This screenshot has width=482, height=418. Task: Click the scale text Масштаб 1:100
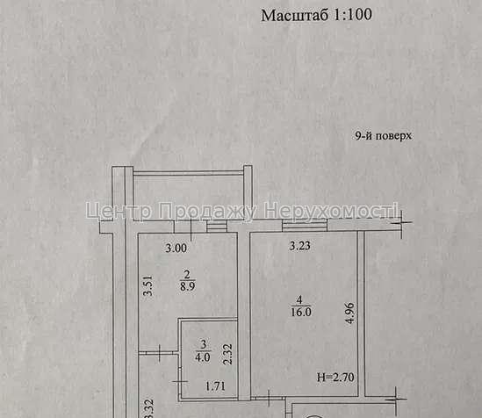pyautogui.click(x=316, y=15)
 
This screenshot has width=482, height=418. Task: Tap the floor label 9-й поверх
pyautogui.click(x=383, y=135)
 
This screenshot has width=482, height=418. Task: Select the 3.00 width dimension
pyautogui.click(x=176, y=248)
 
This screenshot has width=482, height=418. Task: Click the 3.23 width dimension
pyautogui.click(x=300, y=246)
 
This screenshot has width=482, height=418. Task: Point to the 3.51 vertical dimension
pyautogui.click(x=148, y=286)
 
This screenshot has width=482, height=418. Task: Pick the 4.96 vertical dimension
pyautogui.click(x=349, y=313)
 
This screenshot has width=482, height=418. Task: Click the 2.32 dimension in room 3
pyautogui.click(x=227, y=355)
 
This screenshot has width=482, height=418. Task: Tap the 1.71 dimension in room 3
pyautogui.click(x=215, y=386)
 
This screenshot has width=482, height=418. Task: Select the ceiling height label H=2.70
pyautogui.click(x=335, y=377)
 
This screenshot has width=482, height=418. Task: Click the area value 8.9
pyautogui.click(x=188, y=287)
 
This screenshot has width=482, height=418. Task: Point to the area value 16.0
pyautogui.click(x=301, y=312)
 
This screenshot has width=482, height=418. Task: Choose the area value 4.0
pyautogui.click(x=203, y=357)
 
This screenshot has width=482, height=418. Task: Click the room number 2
pyautogui.click(x=187, y=275)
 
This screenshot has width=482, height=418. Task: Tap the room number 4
pyautogui.click(x=299, y=299)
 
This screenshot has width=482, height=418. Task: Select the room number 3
pyautogui.click(x=204, y=344)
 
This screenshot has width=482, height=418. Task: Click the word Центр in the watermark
pyautogui.click(x=119, y=211)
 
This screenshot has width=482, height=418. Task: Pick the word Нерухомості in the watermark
pyautogui.click(x=331, y=211)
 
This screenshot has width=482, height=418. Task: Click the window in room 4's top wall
pyautogui.click(x=305, y=226)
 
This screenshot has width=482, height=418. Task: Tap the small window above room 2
pyautogui.click(x=216, y=227)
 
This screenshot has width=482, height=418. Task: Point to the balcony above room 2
pyautogui.click(x=189, y=195)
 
